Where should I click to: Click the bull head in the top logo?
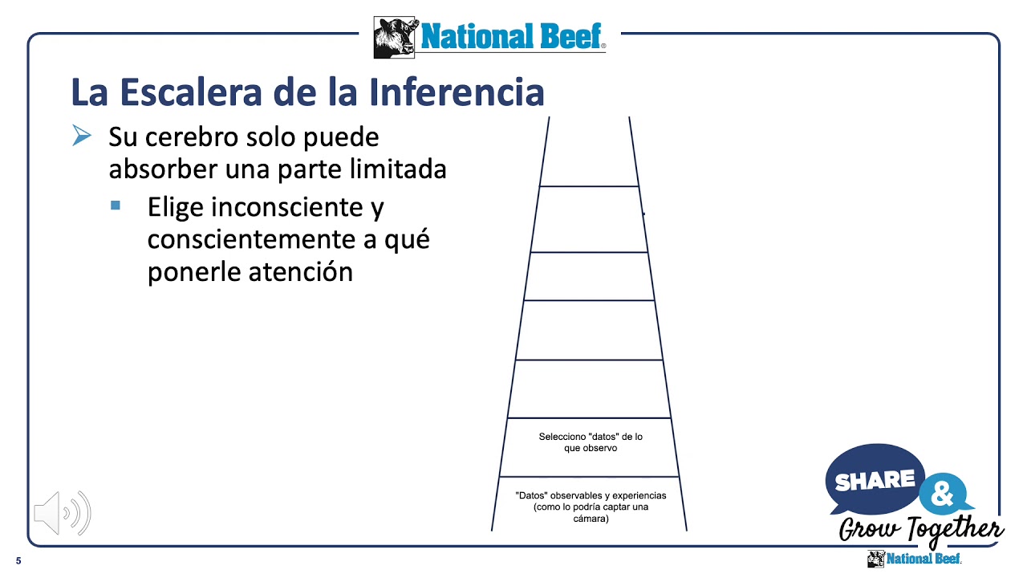[396, 37]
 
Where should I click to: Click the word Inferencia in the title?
[457, 92]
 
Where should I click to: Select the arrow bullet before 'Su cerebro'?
[81, 136]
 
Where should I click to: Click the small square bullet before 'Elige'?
[116, 206]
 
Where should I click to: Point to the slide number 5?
[18, 560]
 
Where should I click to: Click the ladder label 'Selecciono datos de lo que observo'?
[591, 442]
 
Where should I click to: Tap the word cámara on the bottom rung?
[591, 519]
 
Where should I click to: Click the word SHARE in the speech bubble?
[875, 480]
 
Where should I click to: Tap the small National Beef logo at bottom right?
[914, 559]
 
